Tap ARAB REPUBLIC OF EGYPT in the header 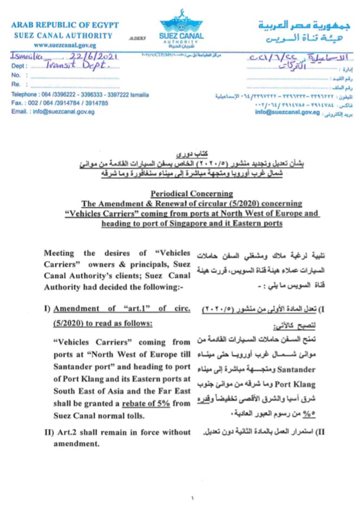click(65, 25)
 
